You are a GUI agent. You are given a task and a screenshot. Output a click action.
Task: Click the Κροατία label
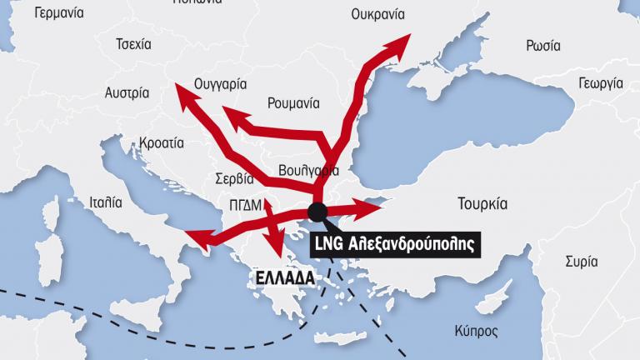click(x=162, y=142)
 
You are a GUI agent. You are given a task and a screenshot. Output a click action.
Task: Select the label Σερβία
click(x=233, y=178)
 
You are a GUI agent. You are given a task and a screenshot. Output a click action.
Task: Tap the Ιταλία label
click(x=105, y=202)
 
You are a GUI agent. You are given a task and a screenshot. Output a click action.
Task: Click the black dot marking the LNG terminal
click(x=317, y=211)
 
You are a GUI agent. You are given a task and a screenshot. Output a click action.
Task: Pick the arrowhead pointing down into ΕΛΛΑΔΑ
click(x=273, y=248)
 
